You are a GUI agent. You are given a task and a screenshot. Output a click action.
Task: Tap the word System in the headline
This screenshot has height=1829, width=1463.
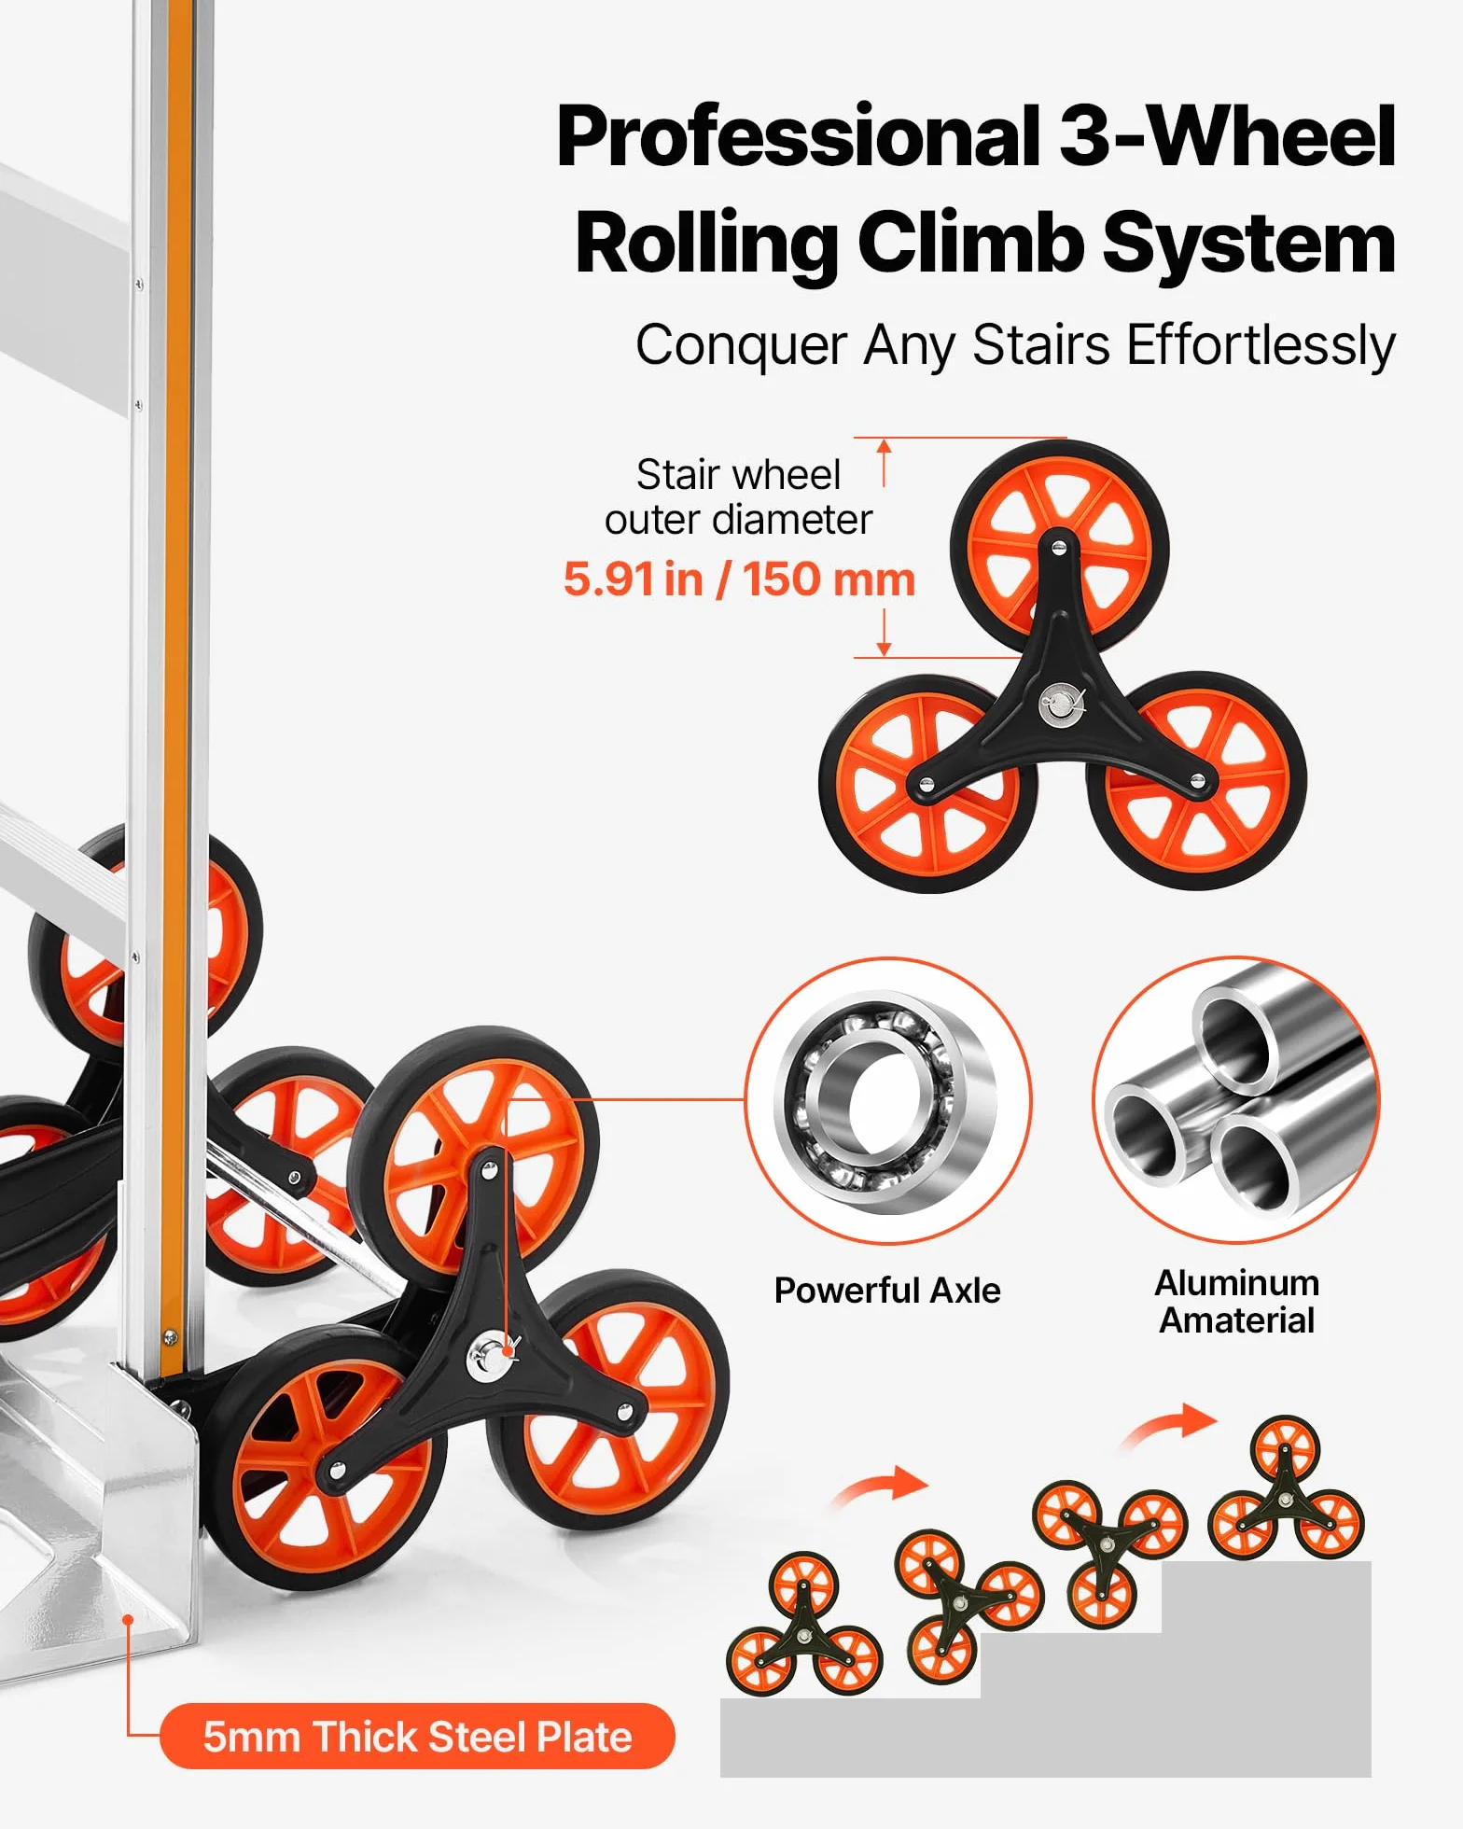click(1249, 243)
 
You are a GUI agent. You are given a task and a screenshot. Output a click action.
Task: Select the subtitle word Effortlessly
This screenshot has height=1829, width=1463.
click(1261, 346)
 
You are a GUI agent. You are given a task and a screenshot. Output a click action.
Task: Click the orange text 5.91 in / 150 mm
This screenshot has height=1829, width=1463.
click(739, 579)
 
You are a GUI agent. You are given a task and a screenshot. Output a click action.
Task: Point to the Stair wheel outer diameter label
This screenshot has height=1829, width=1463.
click(738, 496)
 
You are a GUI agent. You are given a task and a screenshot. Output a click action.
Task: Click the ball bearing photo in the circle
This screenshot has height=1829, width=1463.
click(888, 1101)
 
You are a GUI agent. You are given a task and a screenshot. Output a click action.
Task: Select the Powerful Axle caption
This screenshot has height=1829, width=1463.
click(887, 1291)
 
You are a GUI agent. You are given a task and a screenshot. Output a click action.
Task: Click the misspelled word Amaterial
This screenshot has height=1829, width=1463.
click(1236, 1320)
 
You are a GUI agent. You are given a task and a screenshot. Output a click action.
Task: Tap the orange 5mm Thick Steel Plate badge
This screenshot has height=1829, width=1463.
click(417, 1737)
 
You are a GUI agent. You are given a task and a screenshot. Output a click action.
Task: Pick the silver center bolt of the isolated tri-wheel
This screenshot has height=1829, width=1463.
click(1057, 703)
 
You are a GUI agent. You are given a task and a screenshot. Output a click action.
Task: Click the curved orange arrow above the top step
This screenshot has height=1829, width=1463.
click(1171, 1426)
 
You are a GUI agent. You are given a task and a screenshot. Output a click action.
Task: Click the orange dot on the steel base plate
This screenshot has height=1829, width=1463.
click(129, 1619)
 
